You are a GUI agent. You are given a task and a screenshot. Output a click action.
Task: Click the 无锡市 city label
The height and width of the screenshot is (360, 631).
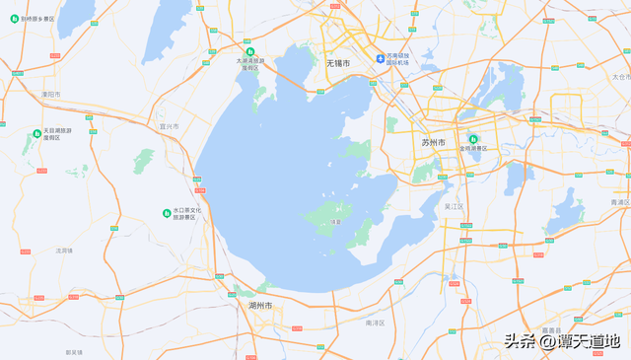[338, 63]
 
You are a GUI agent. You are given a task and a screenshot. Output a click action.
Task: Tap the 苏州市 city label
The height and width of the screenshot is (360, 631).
[433, 143]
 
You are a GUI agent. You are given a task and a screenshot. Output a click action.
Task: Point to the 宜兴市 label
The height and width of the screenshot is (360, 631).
[169, 126]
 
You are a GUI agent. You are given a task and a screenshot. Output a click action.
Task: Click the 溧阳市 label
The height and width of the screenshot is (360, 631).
[50, 95]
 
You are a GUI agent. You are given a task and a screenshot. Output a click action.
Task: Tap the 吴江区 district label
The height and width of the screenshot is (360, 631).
[454, 207]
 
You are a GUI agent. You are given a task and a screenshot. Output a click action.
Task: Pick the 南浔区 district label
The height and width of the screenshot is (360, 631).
[375, 323]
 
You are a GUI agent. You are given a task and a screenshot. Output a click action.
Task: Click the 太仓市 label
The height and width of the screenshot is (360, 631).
[620, 76]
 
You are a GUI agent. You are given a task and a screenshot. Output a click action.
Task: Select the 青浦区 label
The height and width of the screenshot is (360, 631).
[619, 201]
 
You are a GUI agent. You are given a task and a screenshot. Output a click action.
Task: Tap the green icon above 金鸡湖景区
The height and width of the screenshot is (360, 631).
[473, 139]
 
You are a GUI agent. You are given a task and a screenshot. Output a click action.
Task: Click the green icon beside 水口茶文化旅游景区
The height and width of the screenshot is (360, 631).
[166, 213]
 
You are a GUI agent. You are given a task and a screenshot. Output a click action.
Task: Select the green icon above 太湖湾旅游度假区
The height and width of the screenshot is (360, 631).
[248, 51]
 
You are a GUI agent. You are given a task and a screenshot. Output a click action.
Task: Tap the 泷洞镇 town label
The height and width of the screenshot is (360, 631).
[64, 251]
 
